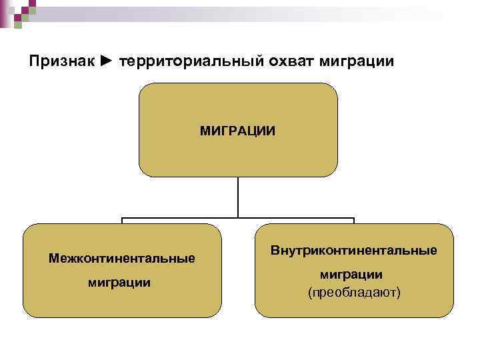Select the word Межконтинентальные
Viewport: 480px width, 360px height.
tap(121, 257)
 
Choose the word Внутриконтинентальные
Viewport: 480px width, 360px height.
tap(353, 251)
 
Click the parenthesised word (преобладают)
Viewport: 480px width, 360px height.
tap(353, 292)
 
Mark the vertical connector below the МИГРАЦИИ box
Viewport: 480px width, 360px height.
tap(238, 197)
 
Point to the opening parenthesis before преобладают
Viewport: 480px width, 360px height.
tap(309, 293)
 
